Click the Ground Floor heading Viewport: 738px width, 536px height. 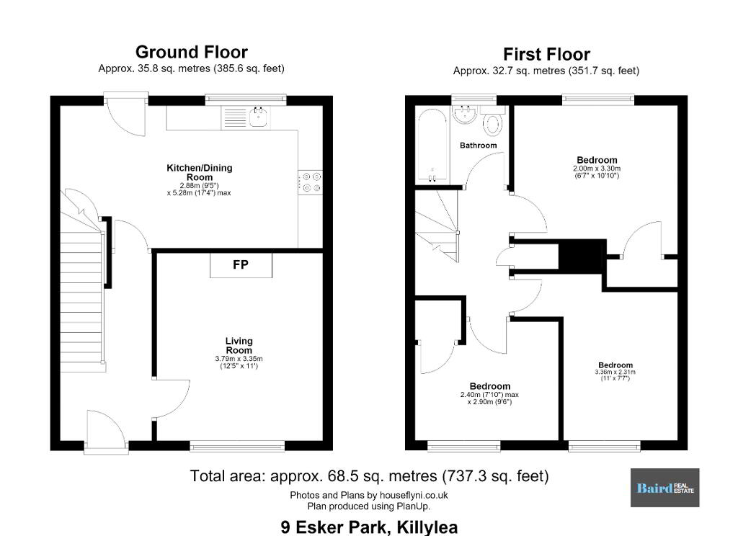(192, 52)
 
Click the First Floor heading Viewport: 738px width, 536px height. (546, 54)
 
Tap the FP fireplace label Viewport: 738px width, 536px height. (241, 264)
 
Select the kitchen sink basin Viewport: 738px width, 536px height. (259, 117)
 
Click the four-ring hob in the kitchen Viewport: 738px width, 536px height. (311, 182)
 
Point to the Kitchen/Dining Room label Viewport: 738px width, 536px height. (200, 172)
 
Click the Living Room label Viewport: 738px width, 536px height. (239, 345)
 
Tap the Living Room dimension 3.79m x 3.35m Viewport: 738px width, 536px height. (239, 359)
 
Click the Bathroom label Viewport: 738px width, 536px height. (479, 146)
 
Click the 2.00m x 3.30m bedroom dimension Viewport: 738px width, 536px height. (597, 169)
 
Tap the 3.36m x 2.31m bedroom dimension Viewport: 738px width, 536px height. (615, 372)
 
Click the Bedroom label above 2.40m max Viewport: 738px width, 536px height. (490, 386)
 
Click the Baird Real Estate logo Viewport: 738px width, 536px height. (664, 488)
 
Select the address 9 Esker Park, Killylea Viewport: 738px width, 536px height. (369, 527)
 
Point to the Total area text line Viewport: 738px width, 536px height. (370, 476)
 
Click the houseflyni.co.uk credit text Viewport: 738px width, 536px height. (369, 495)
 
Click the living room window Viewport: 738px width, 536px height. (237, 446)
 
